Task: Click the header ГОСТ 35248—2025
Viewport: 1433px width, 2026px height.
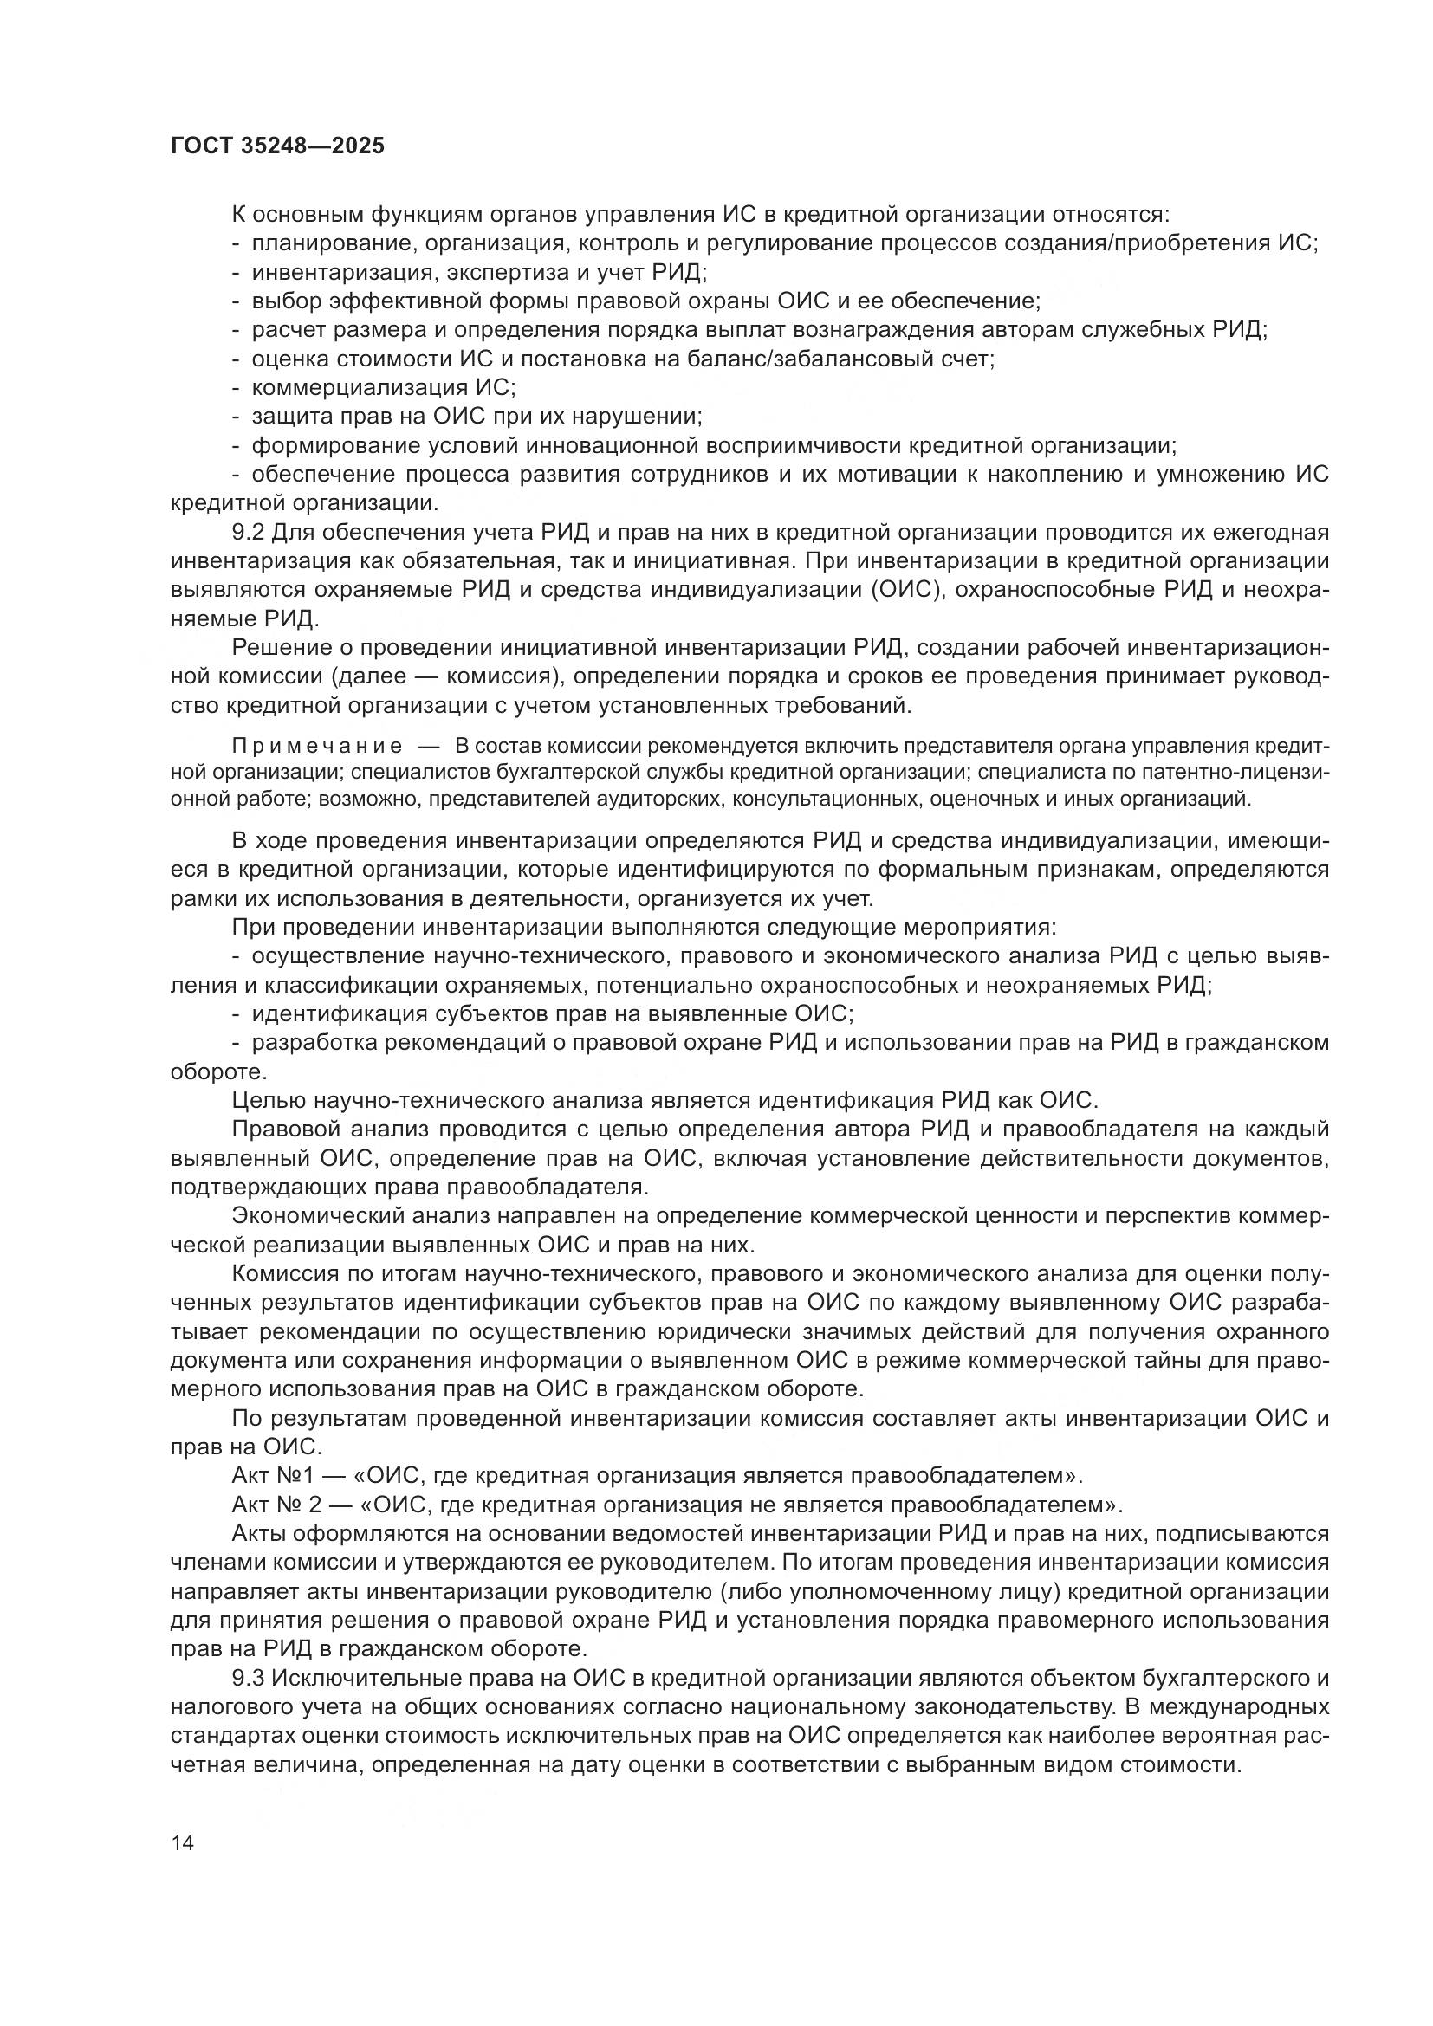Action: click(x=277, y=146)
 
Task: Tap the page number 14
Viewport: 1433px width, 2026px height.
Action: click(x=182, y=1842)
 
